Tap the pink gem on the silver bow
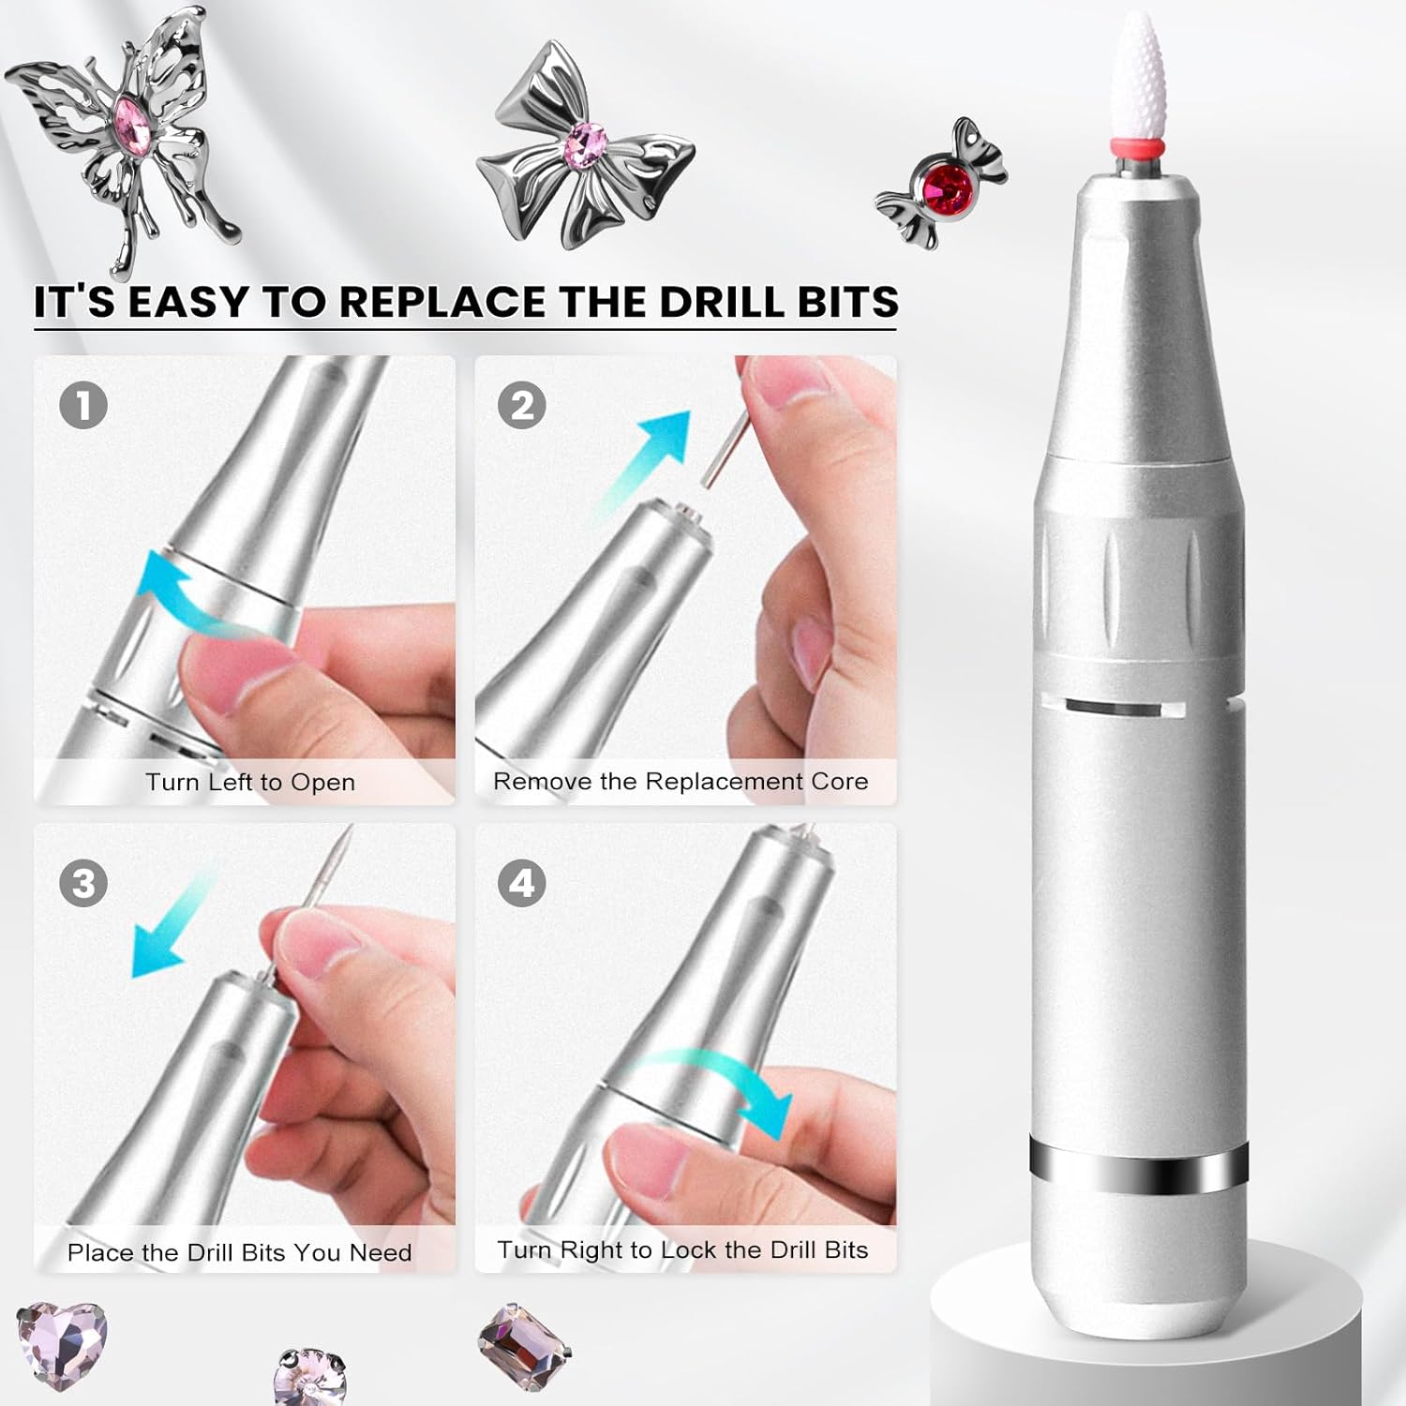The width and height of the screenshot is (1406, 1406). click(x=586, y=143)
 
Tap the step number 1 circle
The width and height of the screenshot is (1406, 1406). click(x=83, y=406)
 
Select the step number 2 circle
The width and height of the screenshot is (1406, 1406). click(x=522, y=406)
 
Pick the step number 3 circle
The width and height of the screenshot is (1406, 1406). click(x=83, y=884)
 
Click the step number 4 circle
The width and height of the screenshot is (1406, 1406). click(x=522, y=884)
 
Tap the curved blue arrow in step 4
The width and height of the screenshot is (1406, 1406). click(x=722, y=1087)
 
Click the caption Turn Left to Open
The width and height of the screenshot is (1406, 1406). click(x=250, y=783)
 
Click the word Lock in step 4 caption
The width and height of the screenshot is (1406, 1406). click(x=689, y=1249)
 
